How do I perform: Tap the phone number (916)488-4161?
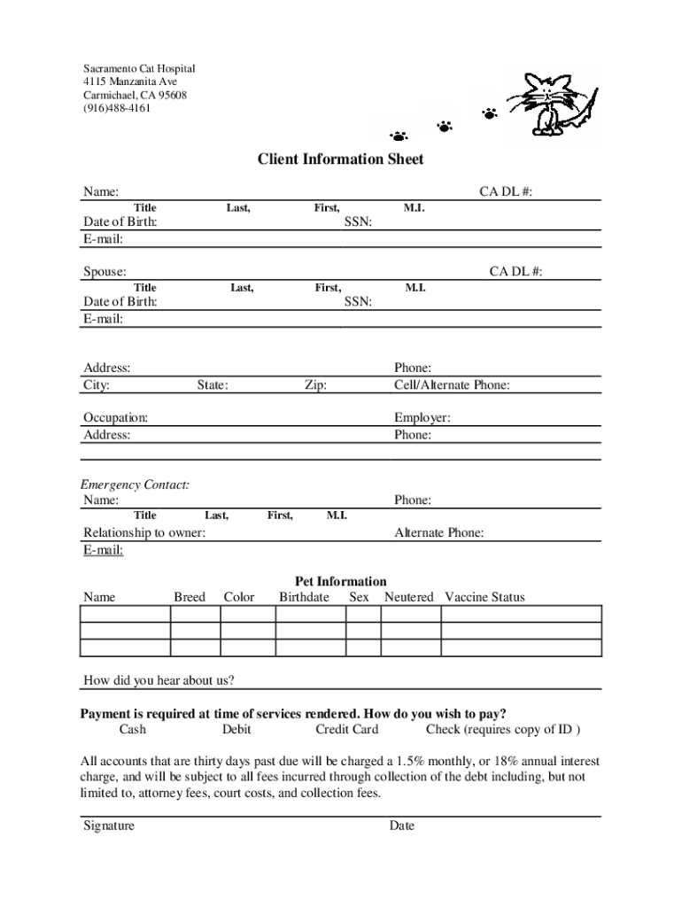(117, 108)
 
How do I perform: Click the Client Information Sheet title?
(340, 159)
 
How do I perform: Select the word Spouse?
(105, 272)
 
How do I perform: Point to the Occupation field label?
(116, 417)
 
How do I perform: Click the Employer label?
(422, 417)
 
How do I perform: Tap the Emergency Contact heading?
(135, 485)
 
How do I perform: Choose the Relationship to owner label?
(144, 533)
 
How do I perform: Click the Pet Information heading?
(340, 582)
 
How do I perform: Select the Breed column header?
(190, 597)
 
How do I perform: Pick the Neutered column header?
(408, 597)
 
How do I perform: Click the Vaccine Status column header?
(484, 597)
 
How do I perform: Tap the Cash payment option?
(133, 730)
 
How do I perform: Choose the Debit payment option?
(236, 730)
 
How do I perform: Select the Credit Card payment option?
(347, 730)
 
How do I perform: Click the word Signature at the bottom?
(109, 826)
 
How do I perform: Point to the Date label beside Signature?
(401, 826)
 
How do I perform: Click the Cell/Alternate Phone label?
(452, 385)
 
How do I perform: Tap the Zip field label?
(315, 385)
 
